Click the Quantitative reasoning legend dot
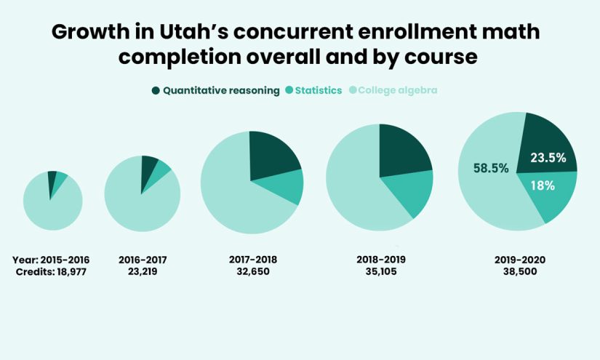click(x=156, y=91)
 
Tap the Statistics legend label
click(x=316, y=91)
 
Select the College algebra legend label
click(x=398, y=91)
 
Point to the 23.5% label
click(x=548, y=158)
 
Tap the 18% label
click(x=543, y=185)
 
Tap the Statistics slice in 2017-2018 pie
click(x=286, y=186)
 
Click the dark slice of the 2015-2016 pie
click(x=52, y=178)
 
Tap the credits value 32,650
click(x=252, y=271)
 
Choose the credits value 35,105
click(x=380, y=271)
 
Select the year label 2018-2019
click(x=380, y=259)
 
